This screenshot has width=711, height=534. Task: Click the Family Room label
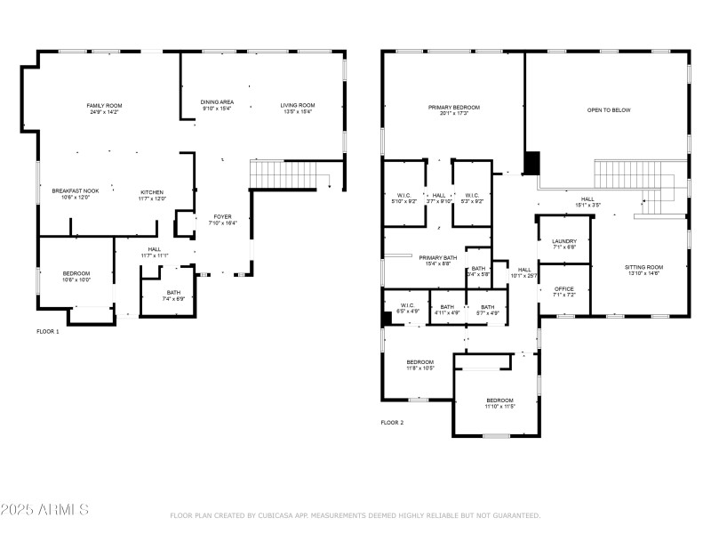104,109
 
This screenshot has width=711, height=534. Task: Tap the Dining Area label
217,106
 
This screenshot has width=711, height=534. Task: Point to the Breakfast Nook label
75,194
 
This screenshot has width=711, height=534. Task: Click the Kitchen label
151,195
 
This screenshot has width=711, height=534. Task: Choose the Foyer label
222,220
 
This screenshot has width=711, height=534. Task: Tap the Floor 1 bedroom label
76,276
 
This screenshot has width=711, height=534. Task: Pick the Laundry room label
564,244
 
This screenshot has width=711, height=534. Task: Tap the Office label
564,291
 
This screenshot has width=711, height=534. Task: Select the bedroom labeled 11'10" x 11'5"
499,402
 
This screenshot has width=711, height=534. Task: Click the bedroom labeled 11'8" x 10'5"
420,364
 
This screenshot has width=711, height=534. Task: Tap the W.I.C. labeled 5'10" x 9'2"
403,198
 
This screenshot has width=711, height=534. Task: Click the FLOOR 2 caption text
392,423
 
